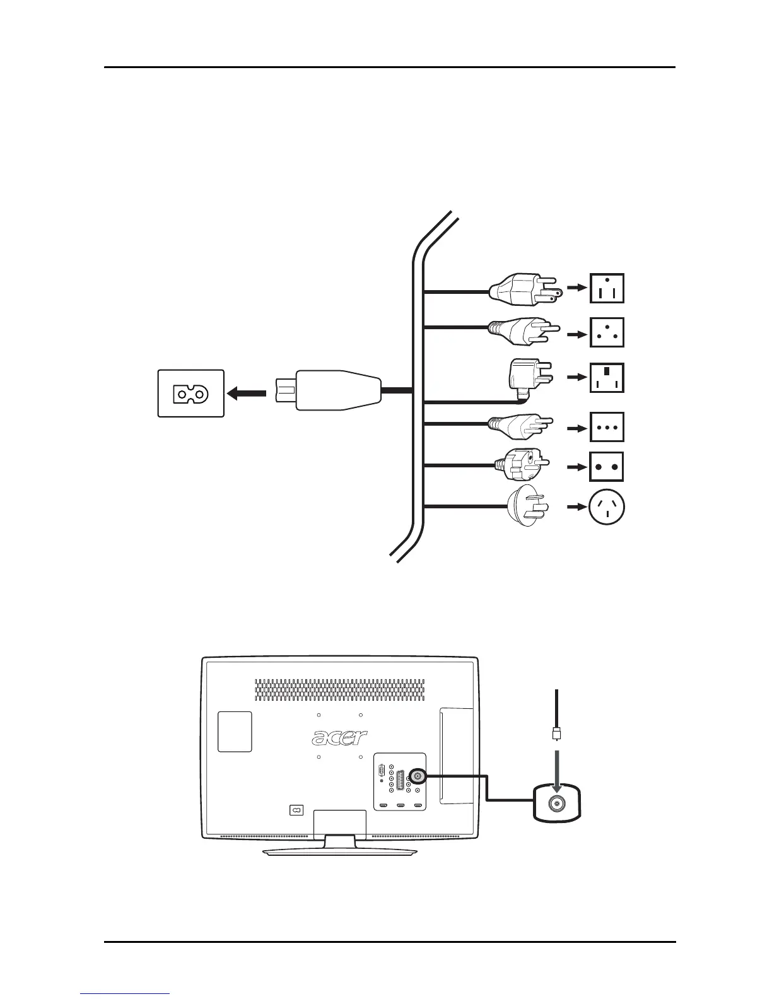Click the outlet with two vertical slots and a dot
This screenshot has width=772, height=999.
[607, 288]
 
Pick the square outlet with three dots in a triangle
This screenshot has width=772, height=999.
[607, 333]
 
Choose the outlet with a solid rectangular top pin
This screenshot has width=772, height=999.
[607, 377]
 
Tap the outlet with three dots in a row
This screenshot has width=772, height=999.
[607, 428]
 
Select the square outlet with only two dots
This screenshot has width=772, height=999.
[607, 467]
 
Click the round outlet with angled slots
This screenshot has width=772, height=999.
[607, 508]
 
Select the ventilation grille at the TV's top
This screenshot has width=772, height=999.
[339, 690]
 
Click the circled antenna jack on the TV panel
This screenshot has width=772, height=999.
[416, 776]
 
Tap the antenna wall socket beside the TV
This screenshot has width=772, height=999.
[557, 803]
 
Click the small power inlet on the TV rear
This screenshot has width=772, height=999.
[296, 810]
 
